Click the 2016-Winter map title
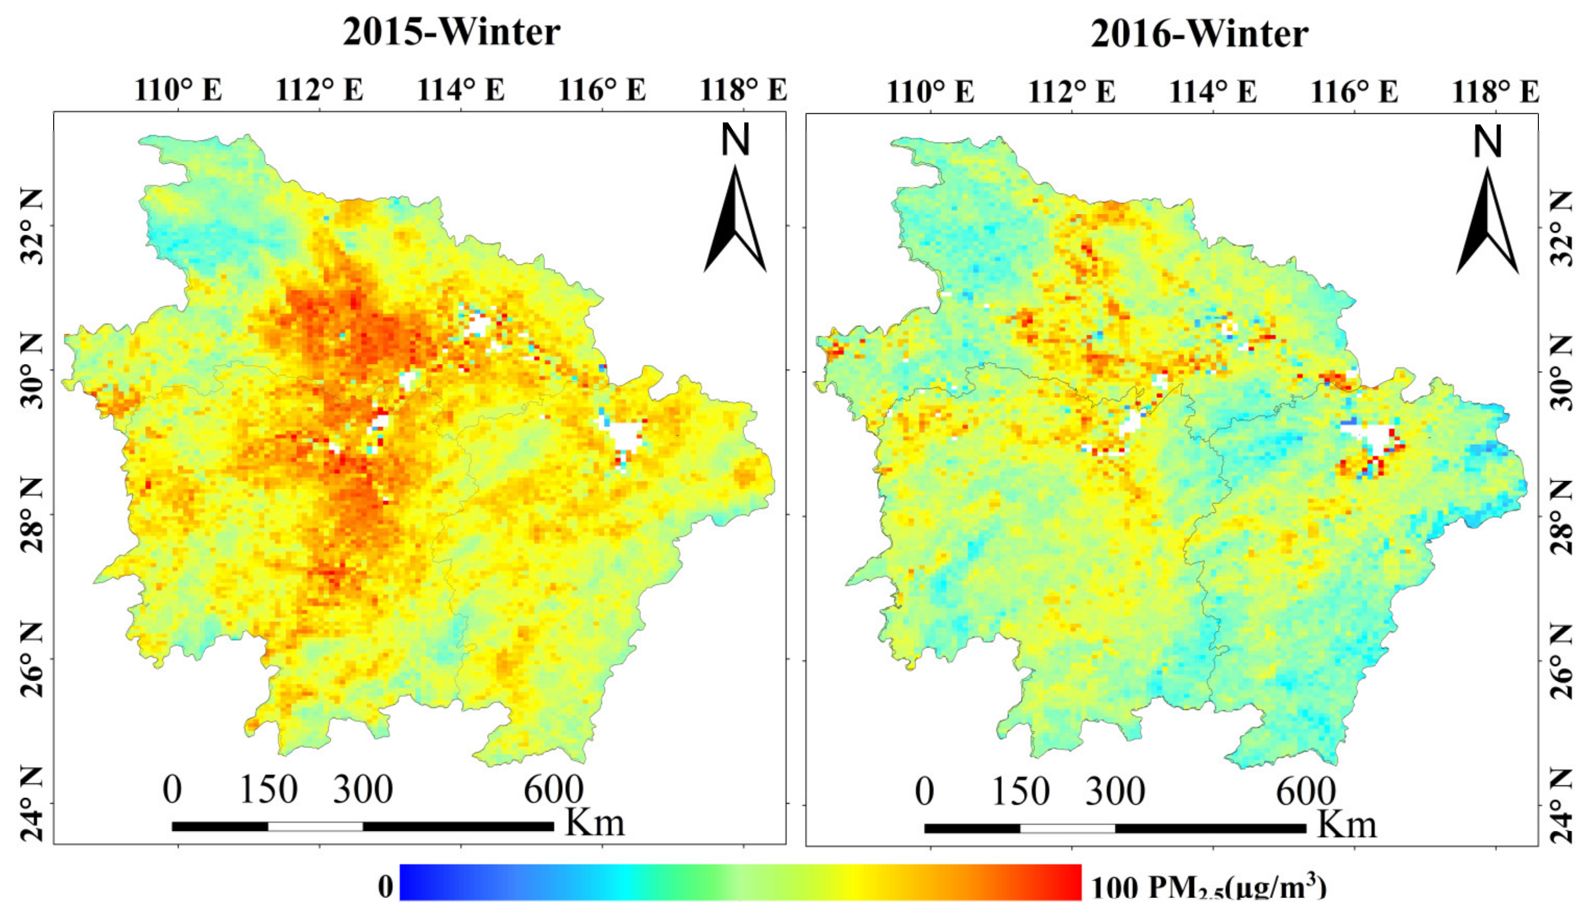coord(1199,34)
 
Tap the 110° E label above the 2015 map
coord(178,90)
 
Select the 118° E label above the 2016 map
coord(1495,92)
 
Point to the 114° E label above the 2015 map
coord(461,90)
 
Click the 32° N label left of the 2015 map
coord(33,227)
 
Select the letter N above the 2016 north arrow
coord(1488,142)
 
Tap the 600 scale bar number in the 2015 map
coord(553,790)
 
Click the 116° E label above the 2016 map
coord(1354,92)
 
